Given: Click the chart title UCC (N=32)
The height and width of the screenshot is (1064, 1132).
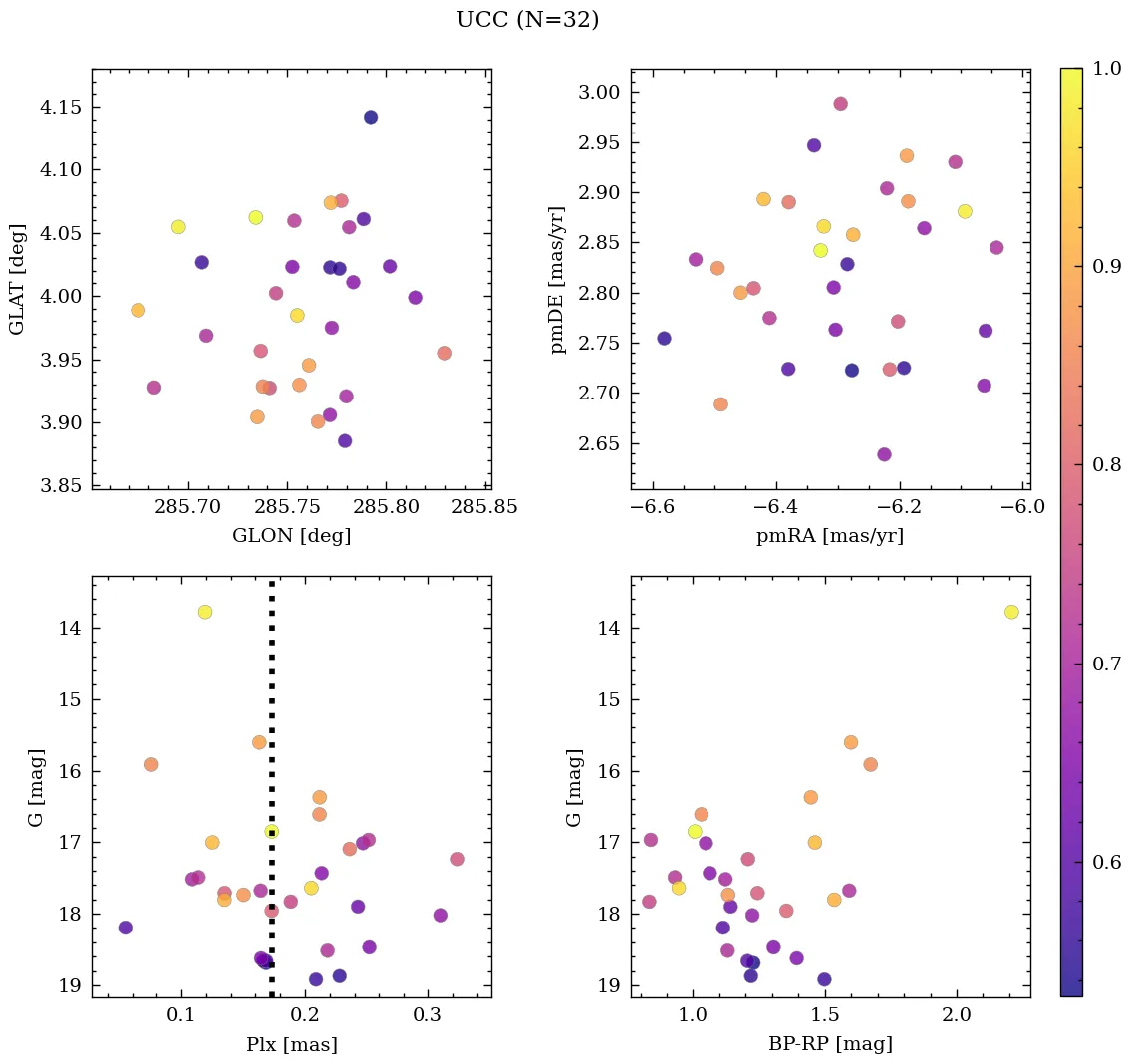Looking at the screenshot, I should coord(527,20).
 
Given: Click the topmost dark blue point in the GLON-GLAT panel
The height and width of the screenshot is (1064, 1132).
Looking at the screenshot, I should coord(371,117).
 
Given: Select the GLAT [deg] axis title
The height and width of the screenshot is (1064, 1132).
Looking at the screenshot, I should coord(17,279).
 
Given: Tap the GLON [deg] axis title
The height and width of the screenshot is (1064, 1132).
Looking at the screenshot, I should coord(291,536).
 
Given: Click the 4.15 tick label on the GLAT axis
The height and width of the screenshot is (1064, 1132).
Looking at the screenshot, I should coord(60,108).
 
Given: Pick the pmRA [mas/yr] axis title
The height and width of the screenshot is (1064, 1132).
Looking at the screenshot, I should coord(830,536).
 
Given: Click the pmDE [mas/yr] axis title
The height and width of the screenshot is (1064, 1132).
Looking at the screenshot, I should coord(557,279).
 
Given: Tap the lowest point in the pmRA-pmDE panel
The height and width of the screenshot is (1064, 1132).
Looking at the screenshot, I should coord(884,454).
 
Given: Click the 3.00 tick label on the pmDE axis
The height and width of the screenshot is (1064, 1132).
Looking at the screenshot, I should coord(599,93).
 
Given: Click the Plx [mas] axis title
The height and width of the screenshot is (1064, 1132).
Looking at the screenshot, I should coord(291,1044).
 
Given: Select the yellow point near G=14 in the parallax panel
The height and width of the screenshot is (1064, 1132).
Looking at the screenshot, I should coord(205,612).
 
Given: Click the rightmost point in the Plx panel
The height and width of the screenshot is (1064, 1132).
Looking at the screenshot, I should coord(457,859).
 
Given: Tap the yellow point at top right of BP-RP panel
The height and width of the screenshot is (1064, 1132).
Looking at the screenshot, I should coord(1011,612).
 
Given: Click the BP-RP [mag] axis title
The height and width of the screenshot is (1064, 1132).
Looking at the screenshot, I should coord(830,1044).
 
